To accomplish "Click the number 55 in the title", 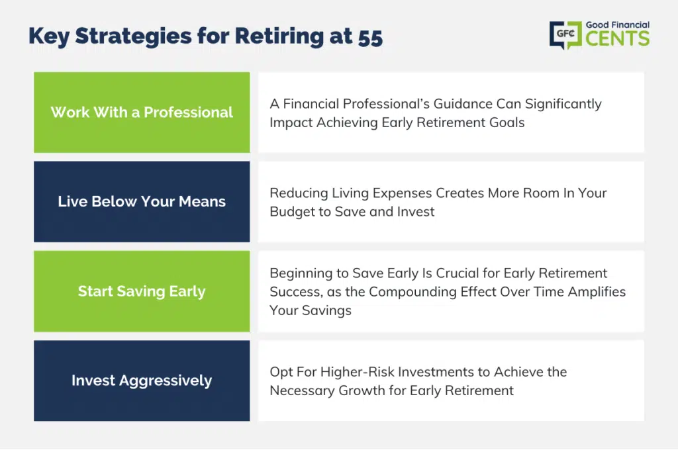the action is coord(370,38).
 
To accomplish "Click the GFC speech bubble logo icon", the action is coord(565,34).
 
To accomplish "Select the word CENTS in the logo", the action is coord(618,38).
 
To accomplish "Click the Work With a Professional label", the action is coord(142,113).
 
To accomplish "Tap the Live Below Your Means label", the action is coord(142,201).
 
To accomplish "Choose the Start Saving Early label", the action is coord(142,291).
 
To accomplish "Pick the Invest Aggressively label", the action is coord(142,381).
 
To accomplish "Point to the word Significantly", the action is coord(563,105).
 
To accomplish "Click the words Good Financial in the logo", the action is coord(618,25).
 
